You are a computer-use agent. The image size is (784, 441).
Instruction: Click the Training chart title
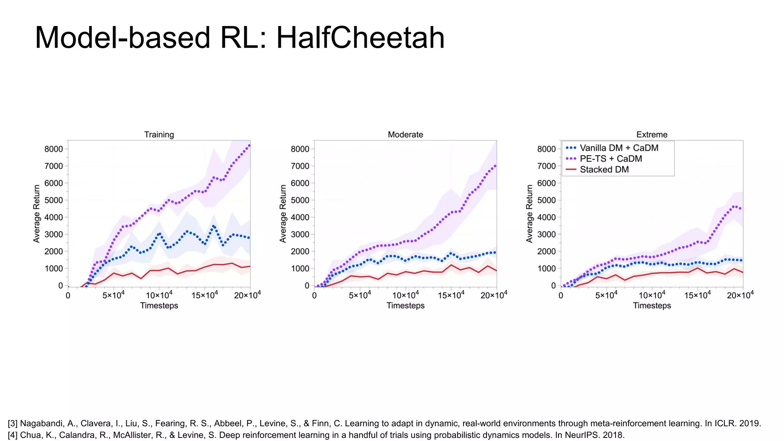coord(159,134)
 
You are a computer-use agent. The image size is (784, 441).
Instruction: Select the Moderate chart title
coord(405,134)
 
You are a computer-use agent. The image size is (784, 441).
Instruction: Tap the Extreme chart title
coord(652,134)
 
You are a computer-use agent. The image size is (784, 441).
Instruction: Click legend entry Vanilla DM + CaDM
coord(619,148)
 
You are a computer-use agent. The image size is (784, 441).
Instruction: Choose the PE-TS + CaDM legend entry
coord(611,158)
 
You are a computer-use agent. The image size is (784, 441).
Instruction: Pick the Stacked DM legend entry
coord(604,169)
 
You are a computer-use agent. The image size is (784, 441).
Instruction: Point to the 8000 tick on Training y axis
coord(54,149)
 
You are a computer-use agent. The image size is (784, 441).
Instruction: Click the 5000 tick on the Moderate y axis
coord(300,200)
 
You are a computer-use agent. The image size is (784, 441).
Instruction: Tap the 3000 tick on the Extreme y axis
coord(547,234)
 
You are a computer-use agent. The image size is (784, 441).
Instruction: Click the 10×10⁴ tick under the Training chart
coord(159,295)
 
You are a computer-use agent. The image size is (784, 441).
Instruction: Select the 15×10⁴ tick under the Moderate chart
coord(451,295)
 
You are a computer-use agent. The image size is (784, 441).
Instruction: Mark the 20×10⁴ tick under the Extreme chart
coord(740,295)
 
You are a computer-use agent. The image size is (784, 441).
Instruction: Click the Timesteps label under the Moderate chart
coord(405,305)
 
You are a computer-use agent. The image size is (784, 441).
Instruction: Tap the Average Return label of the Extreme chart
coord(529,214)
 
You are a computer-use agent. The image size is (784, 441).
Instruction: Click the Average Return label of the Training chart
coord(37,214)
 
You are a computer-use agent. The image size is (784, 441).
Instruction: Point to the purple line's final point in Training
coord(249,145)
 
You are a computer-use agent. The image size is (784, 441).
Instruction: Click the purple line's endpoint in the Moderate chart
coord(496,165)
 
